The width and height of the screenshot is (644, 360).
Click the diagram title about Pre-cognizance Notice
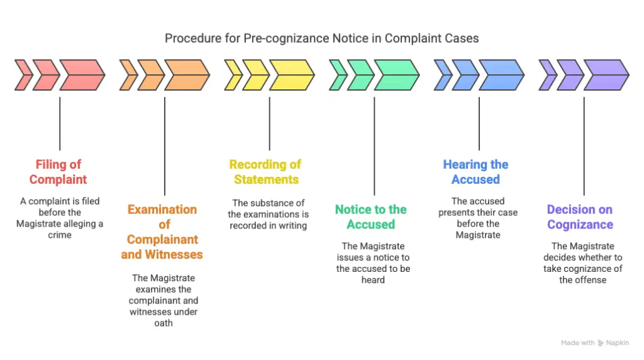321,38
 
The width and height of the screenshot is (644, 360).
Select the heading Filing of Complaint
58,172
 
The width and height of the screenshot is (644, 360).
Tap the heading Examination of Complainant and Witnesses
163,232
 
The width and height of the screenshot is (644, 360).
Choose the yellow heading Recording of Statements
265,172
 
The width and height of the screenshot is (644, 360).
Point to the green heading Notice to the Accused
371,217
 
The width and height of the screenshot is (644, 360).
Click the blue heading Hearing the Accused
475,172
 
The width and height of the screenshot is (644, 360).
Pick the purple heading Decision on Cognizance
579,217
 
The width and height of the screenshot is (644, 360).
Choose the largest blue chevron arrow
501,75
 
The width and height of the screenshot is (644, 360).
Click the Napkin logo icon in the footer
601,343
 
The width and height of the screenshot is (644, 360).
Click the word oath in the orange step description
163,323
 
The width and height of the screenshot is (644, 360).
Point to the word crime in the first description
60,235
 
